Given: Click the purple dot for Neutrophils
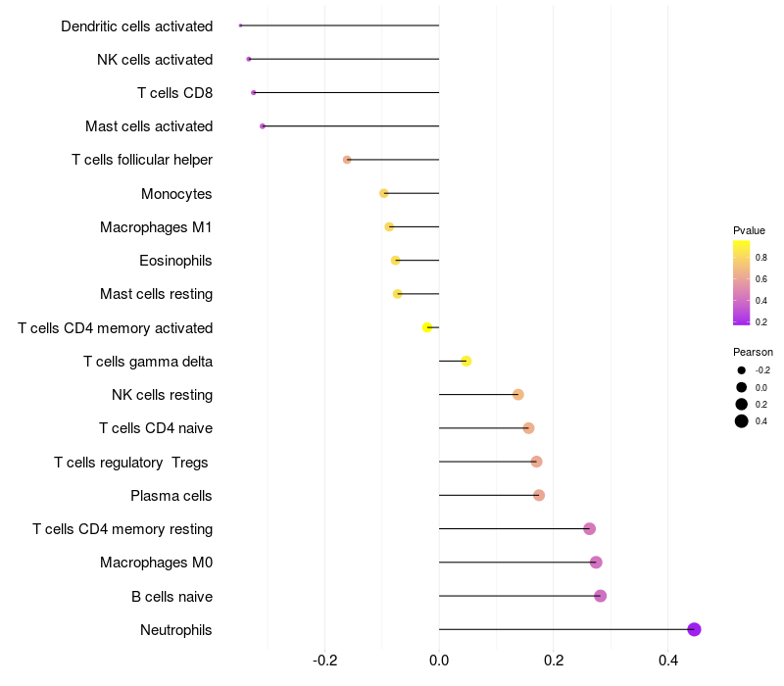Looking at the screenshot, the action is click(694, 629).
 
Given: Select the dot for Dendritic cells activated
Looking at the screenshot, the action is click(240, 25).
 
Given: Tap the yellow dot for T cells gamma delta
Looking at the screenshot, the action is click(466, 361).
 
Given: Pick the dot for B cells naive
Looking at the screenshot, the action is click(601, 596).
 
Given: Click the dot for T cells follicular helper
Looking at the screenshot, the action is click(347, 160).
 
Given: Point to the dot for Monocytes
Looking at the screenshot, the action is click(384, 193).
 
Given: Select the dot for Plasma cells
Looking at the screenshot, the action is click(538, 496).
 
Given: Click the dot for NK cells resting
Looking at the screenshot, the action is click(518, 395).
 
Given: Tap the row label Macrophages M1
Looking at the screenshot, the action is click(156, 227).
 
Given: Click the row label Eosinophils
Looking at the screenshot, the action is click(175, 261).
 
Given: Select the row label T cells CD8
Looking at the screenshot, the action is click(175, 93).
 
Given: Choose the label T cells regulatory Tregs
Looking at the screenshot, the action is click(131, 463).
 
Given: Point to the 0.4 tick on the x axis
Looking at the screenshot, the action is click(668, 661).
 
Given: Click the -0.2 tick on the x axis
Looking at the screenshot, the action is click(324, 661).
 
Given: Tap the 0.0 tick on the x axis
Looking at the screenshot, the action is click(439, 661).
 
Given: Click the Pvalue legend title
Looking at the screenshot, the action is click(749, 230).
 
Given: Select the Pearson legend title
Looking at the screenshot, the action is click(753, 352).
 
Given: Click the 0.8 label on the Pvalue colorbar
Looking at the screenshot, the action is click(761, 258).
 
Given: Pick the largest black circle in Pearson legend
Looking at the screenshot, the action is click(742, 421).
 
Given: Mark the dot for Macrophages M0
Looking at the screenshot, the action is click(596, 563).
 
